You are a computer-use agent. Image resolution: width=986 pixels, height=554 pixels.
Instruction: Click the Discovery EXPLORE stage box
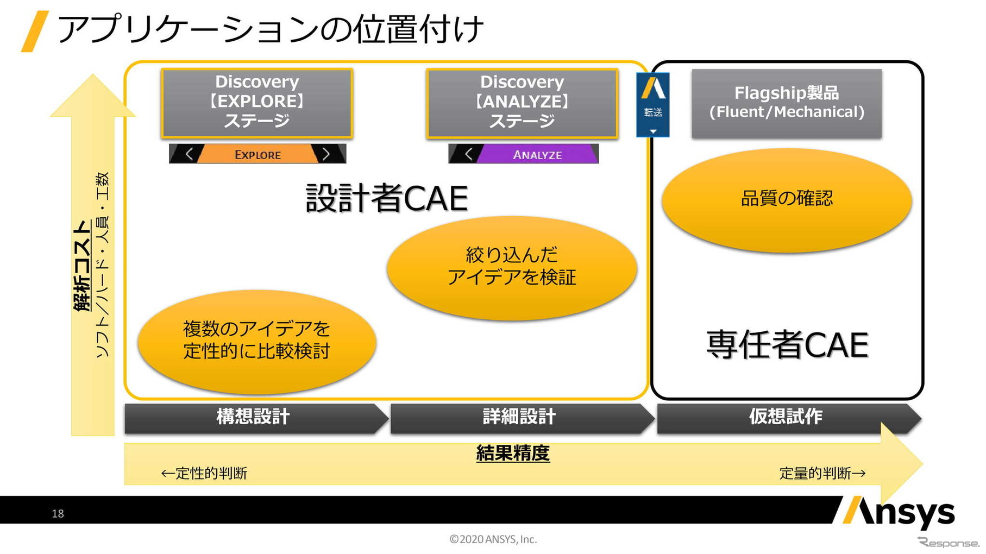pyautogui.click(x=257, y=103)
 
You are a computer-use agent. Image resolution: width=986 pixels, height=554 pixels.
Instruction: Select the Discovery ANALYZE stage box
pyautogui.click(x=522, y=103)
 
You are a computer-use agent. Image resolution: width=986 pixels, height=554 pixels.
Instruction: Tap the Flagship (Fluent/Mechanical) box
pyautogui.click(x=786, y=103)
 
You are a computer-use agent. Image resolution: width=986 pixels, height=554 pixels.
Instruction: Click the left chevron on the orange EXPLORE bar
pyautogui.click(x=189, y=154)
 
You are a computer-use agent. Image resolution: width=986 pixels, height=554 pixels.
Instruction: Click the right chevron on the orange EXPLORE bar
pyautogui.click(x=326, y=154)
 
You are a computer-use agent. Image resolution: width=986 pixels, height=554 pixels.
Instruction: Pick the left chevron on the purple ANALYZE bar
pyautogui.click(x=468, y=154)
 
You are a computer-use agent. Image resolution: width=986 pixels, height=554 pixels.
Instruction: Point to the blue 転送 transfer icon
pyautogui.click(x=652, y=104)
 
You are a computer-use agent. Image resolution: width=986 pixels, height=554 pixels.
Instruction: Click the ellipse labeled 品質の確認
pyautogui.click(x=786, y=199)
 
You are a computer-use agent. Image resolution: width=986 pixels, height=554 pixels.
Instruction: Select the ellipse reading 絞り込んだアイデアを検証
pyautogui.click(x=511, y=267)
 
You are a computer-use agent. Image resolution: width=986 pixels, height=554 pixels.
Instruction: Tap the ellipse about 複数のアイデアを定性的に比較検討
pyautogui.click(x=256, y=341)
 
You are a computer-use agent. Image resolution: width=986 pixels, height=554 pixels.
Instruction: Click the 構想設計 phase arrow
pyautogui.click(x=253, y=417)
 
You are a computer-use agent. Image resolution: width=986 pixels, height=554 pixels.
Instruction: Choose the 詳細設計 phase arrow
pyautogui.click(x=519, y=417)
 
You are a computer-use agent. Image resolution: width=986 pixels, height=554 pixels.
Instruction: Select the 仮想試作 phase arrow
pyautogui.click(x=786, y=417)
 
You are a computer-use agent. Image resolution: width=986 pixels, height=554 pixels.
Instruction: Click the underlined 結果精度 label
pyautogui.click(x=513, y=453)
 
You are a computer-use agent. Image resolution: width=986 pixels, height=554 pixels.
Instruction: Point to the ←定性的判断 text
pyautogui.click(x=204, y=474)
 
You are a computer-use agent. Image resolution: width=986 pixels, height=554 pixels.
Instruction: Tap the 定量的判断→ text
pyautogui.click(x=822, y=474)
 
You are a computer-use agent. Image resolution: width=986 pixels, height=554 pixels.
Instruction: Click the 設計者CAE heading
pyautogui.click(x=386, y=198)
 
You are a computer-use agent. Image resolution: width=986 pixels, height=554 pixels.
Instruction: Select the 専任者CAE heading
pyautogui.click(x=787, y=345)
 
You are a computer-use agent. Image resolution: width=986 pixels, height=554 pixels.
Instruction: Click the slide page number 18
pyautogui.click(x=58, y=514)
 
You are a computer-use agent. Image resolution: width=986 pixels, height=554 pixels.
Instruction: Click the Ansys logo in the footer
pyautogui.click(x=899, y=512)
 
